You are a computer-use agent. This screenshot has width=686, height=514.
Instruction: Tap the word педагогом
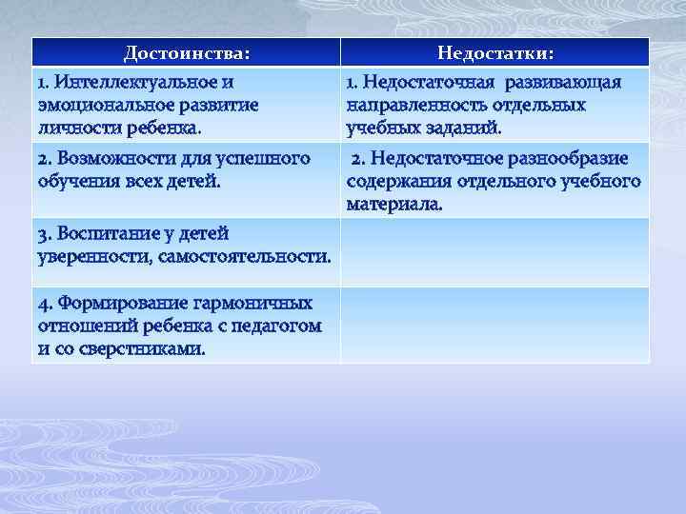[x=279, y=326]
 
